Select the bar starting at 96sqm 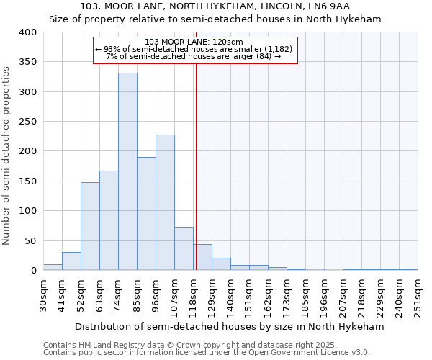point(165,202)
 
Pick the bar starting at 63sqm point(109,220)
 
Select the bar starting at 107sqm point(184,248)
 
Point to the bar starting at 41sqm point(71,261)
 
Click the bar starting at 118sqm point(202,257)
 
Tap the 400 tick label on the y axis point(27,32)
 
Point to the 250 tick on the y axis point(27,122)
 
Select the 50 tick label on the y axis point(30,240)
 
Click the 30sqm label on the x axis point(43,294)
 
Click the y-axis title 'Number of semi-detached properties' point(7,155)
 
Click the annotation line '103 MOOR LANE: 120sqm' point(194,42)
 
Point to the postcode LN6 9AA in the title point(338,6)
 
